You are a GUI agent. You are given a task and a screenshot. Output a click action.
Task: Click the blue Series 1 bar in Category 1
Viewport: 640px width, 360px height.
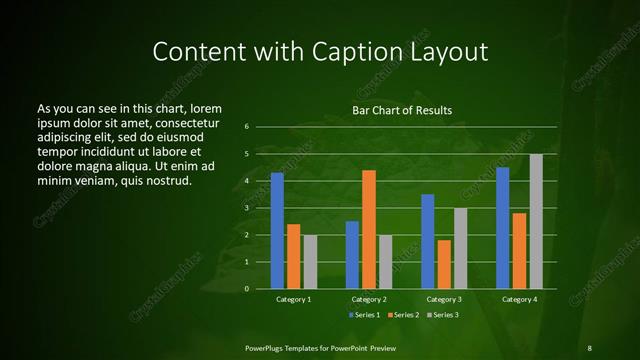click(277, 231)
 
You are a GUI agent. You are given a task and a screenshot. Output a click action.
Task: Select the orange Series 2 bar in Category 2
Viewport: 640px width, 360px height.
click(369, 229)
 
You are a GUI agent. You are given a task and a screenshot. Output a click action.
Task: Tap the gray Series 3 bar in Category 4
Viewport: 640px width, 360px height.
click(536, 221)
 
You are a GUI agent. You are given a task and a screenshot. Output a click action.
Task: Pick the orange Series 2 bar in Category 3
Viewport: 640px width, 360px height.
click(444, 264)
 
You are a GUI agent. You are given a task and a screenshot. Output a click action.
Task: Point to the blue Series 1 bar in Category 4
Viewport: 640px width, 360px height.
click(503, 228)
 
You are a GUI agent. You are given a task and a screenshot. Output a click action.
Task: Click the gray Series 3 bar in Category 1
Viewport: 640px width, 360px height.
click(310, 262)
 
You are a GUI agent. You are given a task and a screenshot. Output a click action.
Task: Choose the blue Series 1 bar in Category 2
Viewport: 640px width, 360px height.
click(352, 255)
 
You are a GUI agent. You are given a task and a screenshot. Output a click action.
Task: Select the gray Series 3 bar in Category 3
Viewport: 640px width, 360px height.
click(460, 248)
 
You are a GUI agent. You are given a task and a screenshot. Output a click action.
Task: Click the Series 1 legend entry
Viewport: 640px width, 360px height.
click(362, 315)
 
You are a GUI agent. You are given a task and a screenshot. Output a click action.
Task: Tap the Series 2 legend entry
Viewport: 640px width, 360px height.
click(402, 315)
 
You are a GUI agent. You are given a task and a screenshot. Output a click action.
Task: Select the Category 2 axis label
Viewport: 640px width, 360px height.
click(369, 299)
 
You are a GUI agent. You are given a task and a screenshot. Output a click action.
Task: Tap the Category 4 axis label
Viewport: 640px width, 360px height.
click(520, 299)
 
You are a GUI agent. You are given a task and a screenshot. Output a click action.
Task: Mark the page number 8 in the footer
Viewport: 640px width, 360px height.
click(589, 347)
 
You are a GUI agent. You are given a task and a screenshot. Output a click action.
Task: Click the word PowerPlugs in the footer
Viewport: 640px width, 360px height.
click(267, 347)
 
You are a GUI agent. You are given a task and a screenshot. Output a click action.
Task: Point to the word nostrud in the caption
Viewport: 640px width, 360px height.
click(166, 180)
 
